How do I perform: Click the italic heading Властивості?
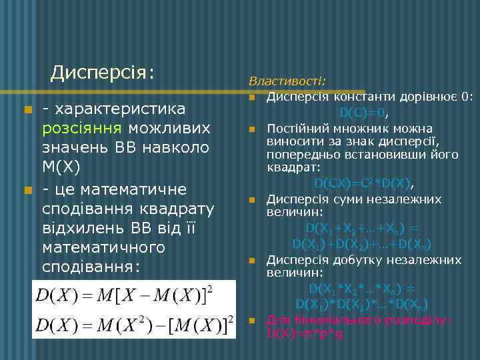(287, 81)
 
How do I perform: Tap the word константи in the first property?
(350, 97)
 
